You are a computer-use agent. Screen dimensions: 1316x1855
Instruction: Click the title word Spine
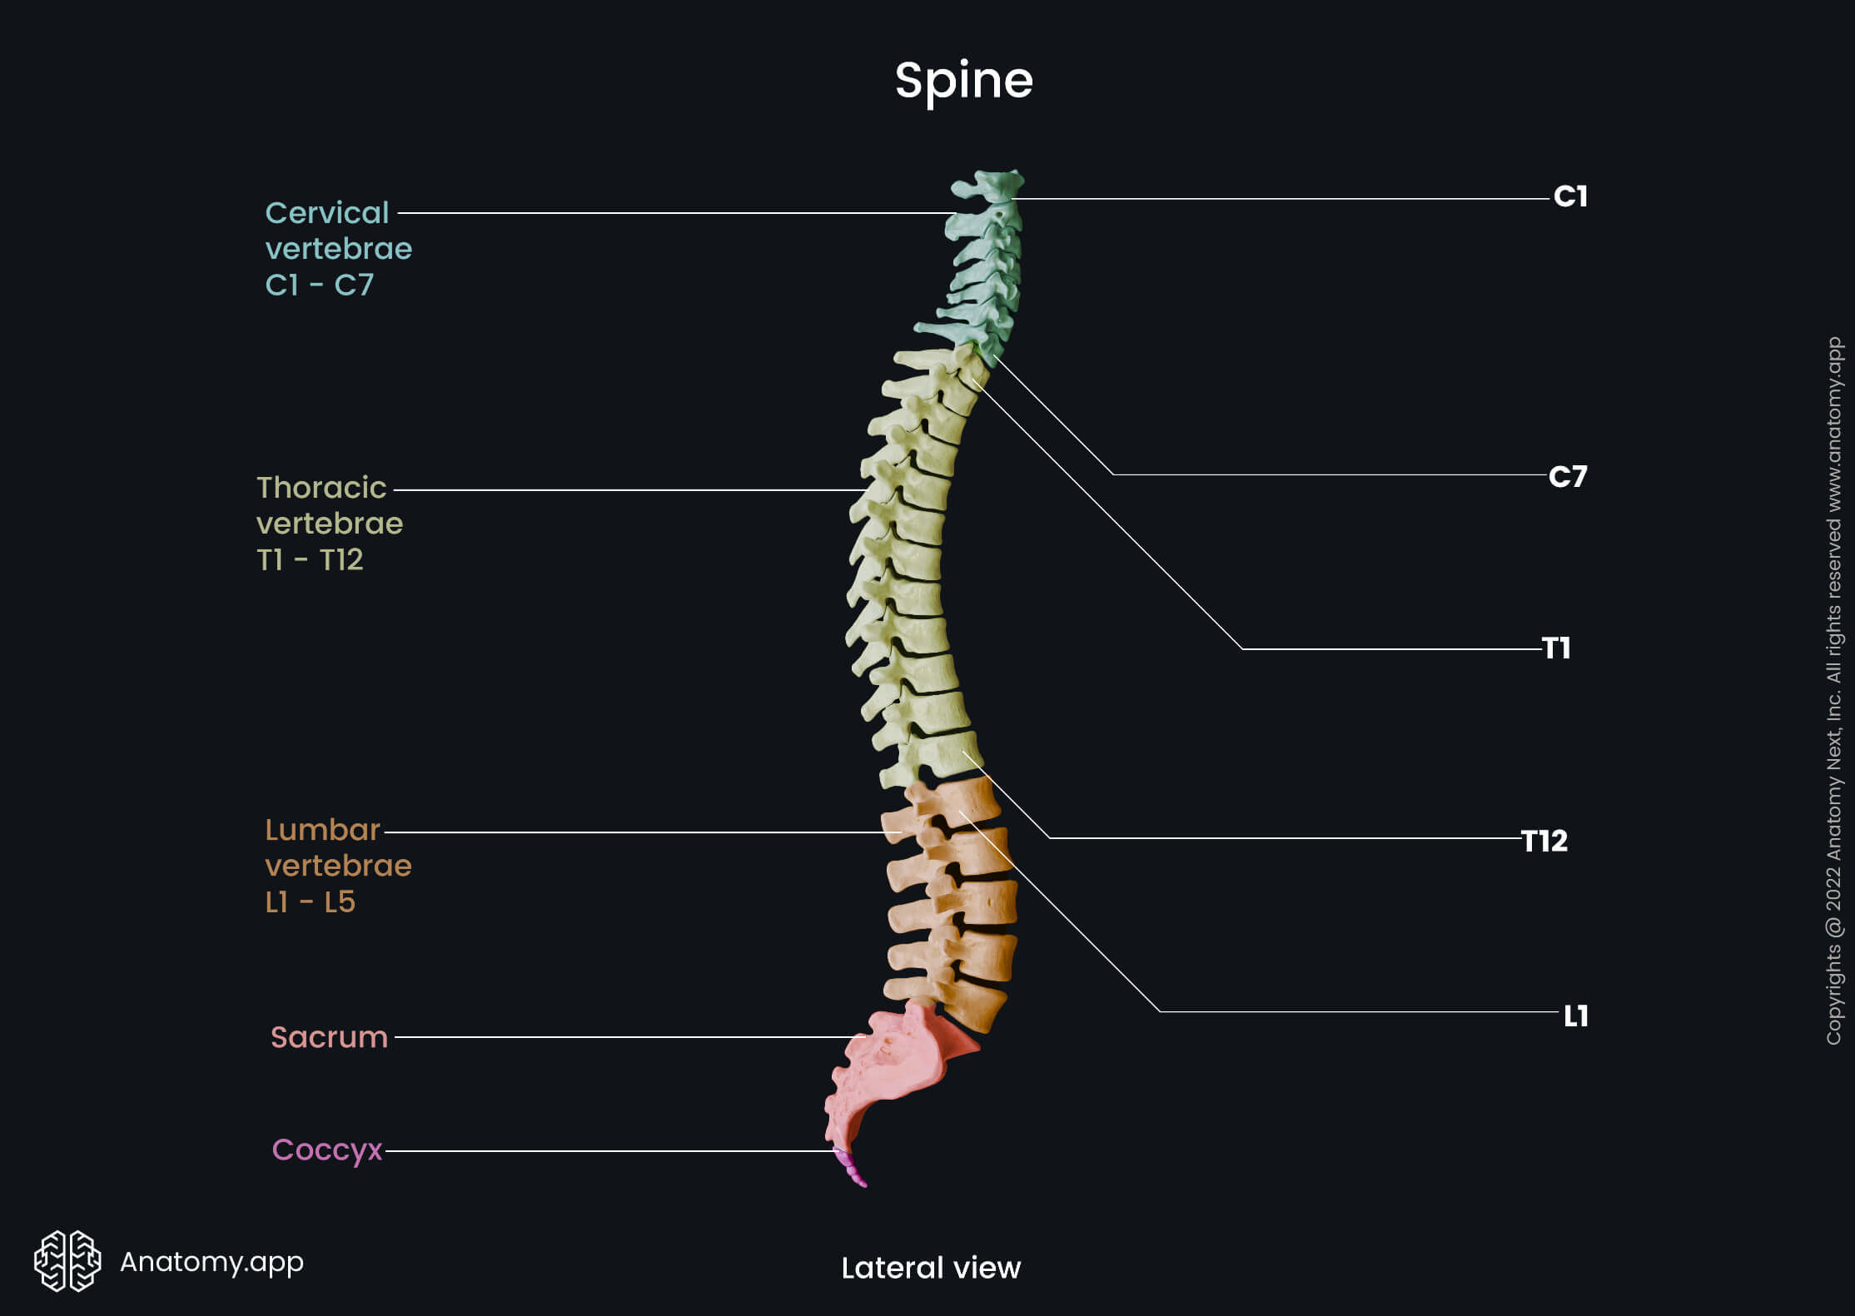tap(963, 81)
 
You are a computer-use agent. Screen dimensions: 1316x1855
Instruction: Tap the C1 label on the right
tap(1570, 197)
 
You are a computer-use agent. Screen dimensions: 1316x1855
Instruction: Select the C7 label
tap(1568, 477)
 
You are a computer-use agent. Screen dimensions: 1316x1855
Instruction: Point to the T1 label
tap(1556, 648)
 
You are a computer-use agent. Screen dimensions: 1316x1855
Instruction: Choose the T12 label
tap(1544, 841)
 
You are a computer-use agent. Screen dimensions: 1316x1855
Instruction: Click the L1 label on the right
tap(1575, 1016)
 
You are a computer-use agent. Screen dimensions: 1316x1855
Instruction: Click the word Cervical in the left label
tap(327, 213)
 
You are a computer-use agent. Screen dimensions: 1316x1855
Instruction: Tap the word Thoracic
tap(321, 488)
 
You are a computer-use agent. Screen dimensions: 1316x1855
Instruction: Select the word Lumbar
tap(322, 830)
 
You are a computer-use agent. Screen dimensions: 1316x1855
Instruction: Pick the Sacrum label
tap(329, 1037)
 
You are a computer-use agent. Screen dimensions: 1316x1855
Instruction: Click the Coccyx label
tap(326, 1150)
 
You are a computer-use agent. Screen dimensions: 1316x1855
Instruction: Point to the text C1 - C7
tap(319, 286)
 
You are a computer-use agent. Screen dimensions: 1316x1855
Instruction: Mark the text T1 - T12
tap(310, 560)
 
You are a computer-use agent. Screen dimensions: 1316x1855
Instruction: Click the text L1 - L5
tap(310, 902)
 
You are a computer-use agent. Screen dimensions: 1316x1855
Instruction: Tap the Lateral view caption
tap(931, 1268)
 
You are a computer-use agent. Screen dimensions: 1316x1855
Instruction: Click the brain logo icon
tap(67, 1261)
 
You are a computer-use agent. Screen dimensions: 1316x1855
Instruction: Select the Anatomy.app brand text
tap(211, 1262)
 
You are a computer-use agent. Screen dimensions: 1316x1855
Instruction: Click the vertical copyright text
tap(1833, 691)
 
